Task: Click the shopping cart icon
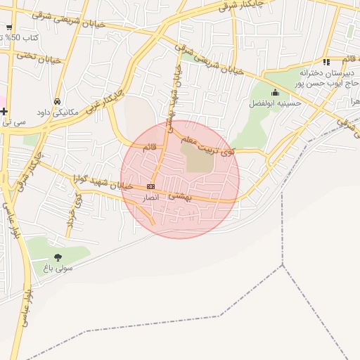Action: click(x=8, y=28)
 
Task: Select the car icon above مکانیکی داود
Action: click(x=57, y=101)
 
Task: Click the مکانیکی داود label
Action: click(x=57, y=112)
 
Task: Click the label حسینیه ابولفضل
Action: click(x=275, y=103)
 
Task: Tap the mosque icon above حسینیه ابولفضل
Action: click(x=274, y=92)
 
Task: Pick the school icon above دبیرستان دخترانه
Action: click(x=326, y=62)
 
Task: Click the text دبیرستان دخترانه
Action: click(x=325, y=72)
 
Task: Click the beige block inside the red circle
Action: click(x=198, y=157)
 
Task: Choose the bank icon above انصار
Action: click(x=150, y=186)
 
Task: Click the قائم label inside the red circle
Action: click(x=149, y=148)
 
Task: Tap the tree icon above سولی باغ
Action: click(x=58, y=257)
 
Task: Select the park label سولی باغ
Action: click(x=58, y=268)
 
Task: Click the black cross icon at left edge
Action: click(x=4, y=111)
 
